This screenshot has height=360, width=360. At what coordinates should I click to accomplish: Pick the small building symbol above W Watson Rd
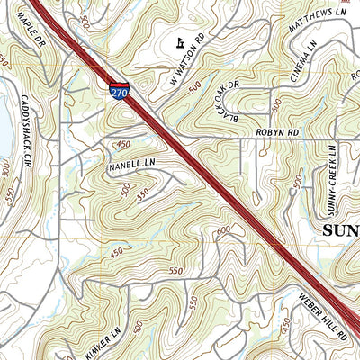tap(181, 42)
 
